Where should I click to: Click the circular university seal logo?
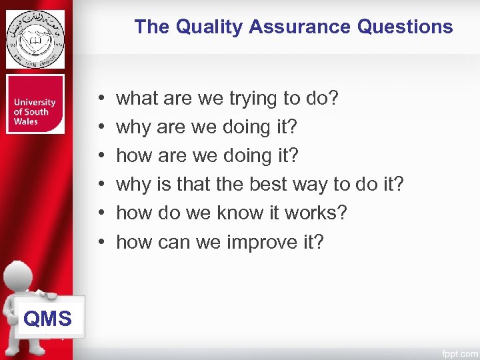click(35, 39)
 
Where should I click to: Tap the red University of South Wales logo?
click(35, 104)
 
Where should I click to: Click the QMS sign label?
click(47, 319)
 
